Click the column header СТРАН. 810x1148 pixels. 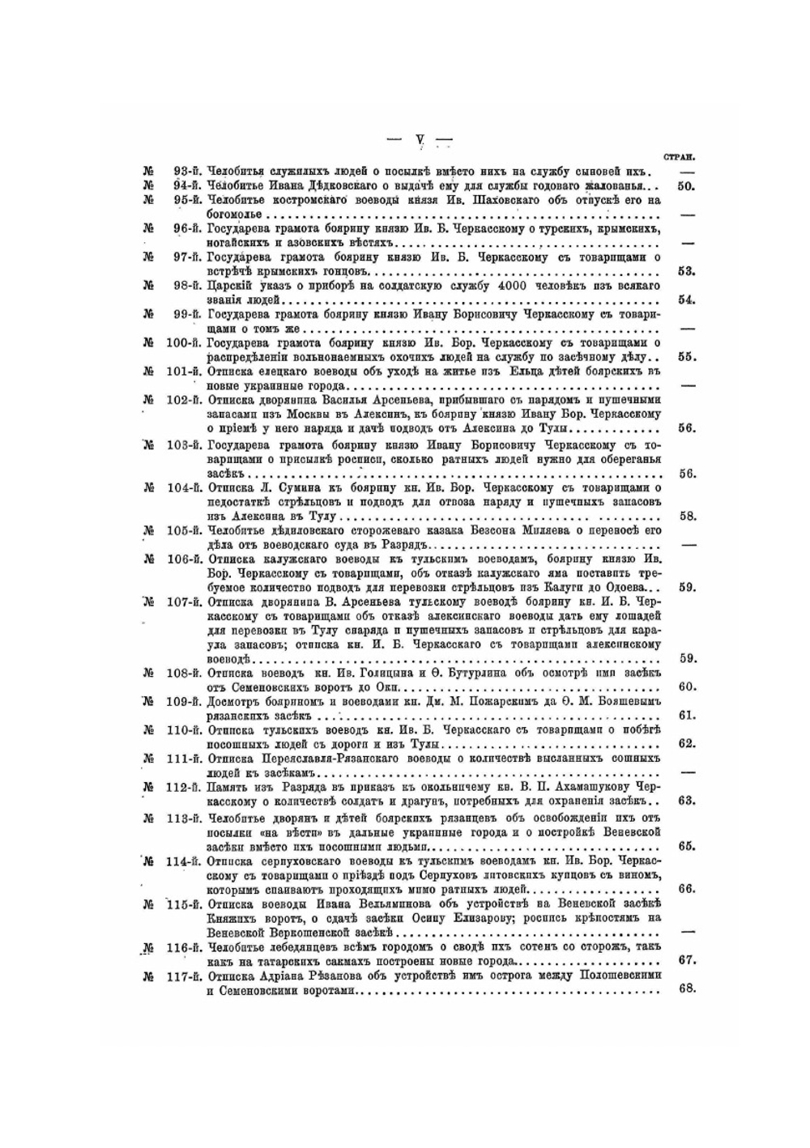[x=680, y=158]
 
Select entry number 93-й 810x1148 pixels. [x=188, y=172]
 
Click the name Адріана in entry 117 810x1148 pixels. [x=283, y=975]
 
